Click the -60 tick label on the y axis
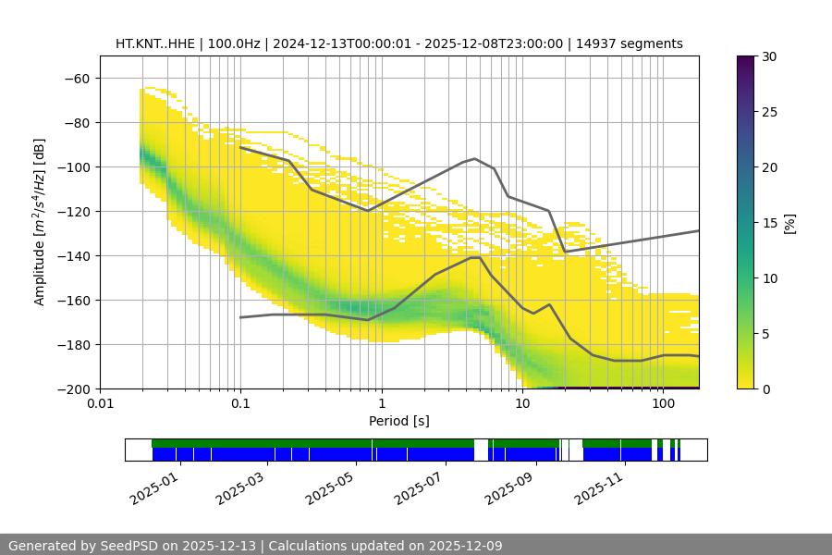tap(78, 78)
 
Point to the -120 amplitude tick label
tap(74, 211)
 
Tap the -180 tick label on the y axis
tap(74, 344)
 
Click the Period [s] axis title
tap(399, 422)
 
